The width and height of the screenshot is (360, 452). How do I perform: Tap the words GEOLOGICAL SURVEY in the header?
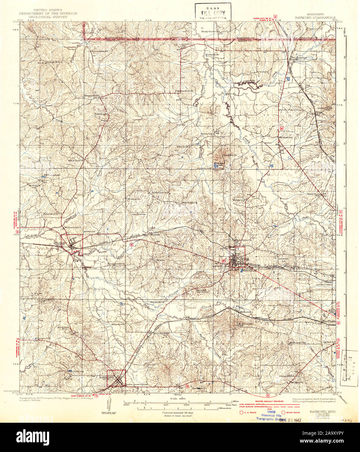point(48,17)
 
